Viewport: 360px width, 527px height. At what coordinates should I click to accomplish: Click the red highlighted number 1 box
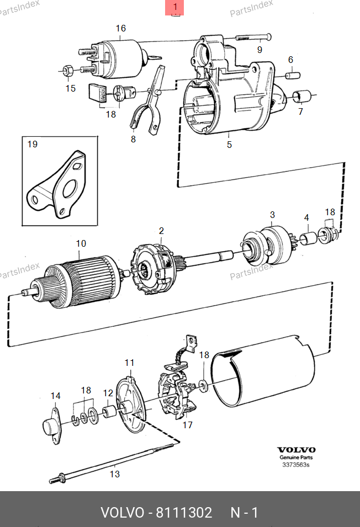[174, 7]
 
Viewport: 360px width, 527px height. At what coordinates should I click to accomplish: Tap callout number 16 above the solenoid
[121, 28]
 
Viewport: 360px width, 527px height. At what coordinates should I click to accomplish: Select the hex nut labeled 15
[67, 70]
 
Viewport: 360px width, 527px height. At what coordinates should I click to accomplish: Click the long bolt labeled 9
[253, 37]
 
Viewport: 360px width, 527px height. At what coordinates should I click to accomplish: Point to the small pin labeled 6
[293, 75]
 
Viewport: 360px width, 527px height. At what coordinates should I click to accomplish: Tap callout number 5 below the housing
[229, 145]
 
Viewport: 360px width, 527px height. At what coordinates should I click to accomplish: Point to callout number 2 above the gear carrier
[161, 231]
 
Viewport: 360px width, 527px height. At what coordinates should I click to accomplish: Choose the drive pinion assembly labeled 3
[267, 246]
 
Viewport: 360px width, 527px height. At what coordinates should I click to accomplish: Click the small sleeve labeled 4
[308, 238]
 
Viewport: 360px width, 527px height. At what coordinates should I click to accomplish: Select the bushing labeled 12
[109, 411]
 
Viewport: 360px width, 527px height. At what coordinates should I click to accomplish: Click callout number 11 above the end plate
[129, 363]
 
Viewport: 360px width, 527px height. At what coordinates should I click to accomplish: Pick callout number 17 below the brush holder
[187, 425]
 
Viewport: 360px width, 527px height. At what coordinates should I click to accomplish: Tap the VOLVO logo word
[296, 450]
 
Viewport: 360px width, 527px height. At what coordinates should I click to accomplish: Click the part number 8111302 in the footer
[184, 513]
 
